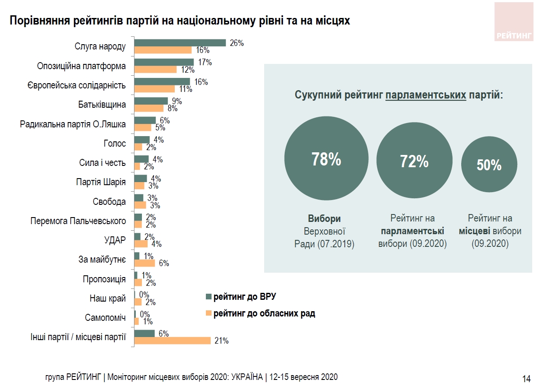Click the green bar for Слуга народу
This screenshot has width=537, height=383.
pos(180,42)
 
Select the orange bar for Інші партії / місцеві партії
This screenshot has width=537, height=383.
pos(172,341)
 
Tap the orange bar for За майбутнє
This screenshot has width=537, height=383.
pos(145,263)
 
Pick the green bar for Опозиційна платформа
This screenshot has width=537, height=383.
pos(164,62)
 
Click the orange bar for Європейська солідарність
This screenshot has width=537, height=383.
pos(154,89)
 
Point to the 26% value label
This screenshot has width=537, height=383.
pos(237,43)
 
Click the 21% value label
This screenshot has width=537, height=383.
pos(222,341)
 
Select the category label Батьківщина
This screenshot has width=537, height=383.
pos(102,105)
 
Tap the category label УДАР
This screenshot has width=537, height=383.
pos(115,240)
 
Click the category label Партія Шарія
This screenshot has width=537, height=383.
pos(101,183)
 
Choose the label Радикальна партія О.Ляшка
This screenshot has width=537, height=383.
pos(73,124)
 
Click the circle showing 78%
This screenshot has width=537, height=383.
pos(326,160)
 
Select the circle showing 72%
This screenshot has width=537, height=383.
pos(414,162)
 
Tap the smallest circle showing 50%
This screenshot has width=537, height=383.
pos(489,165)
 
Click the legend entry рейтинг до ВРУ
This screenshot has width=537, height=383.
pos(244,298)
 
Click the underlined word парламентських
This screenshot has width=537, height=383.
pos(426,95)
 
